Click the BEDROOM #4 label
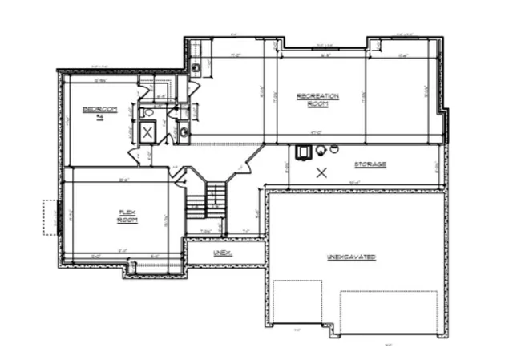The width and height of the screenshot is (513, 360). (x=101, y=111)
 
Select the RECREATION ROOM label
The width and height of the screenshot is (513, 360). (x=317, y=99)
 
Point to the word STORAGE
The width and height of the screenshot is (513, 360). (x=370, y=164)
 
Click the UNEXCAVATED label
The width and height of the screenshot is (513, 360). (x=351, y=257)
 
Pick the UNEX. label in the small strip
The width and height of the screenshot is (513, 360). (x=222, y=253)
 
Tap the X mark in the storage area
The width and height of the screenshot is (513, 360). (x=321, y=172)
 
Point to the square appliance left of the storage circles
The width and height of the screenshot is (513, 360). (x=304, y=151)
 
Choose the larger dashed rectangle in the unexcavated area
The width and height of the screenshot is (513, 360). (x=388, y=312)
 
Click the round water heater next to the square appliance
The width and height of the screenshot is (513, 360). (x=320, y=150)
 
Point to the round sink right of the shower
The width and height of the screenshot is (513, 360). (x=183, y=131)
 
